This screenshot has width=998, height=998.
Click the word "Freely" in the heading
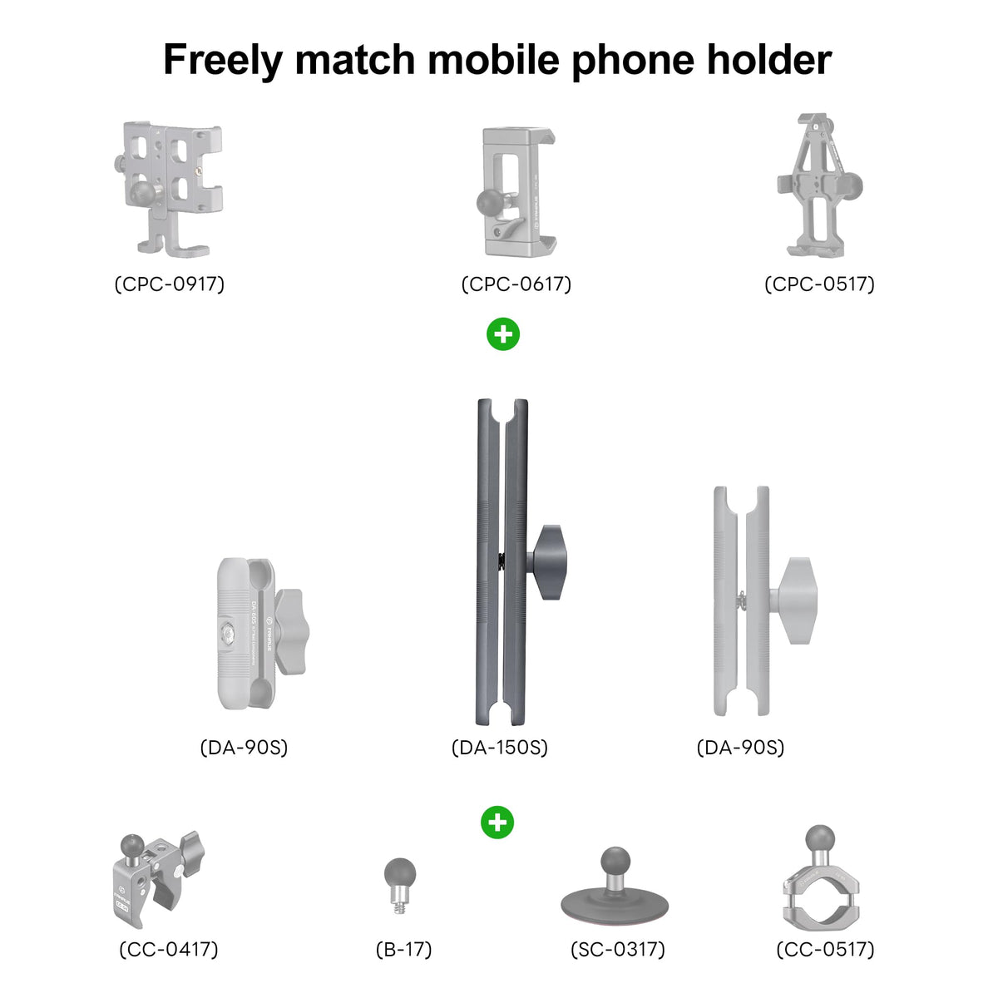click(223, 61)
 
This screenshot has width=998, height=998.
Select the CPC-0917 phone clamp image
click(169, 189)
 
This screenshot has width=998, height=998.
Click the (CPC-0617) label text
click(516, 284)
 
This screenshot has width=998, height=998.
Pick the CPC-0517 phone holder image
click(819, 185)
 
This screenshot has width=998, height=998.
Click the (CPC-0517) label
click(819, 284)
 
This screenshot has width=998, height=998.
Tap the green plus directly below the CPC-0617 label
click(503, 334)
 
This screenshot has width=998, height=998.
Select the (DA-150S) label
click(500, 748)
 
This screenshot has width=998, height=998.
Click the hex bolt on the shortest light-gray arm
click(227, 633)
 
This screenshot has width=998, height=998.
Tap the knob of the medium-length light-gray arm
click(795, 600)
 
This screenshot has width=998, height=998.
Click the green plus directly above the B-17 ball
click(497, 823)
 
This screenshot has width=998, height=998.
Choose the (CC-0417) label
click(169, 949)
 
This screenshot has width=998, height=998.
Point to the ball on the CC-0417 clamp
click(132, 845)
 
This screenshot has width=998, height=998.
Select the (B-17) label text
click(404, 949)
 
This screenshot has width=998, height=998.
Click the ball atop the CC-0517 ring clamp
click(820, 838)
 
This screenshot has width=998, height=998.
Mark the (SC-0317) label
click(618, 949)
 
